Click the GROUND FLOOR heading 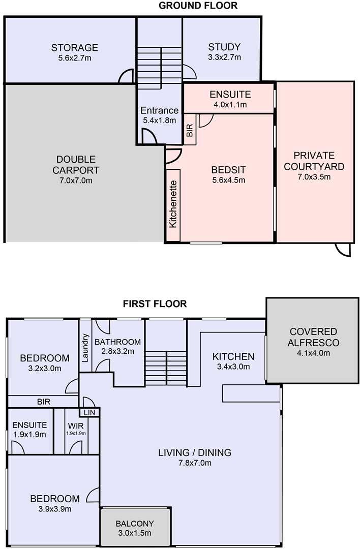(198, 6)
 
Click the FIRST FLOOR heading (155, 303)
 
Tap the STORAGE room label (75, 47)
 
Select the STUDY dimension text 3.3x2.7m (224, 57)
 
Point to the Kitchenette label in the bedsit (173, 204)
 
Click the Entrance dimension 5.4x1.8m (159, 120)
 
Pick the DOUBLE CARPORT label (76, 165)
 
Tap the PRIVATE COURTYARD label (314, 161)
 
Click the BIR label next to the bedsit (190, 130)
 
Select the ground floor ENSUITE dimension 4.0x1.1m (230, 104)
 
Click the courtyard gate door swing (343, 250)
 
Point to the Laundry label (85, 348)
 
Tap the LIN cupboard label (89, 413)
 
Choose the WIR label (76, 426)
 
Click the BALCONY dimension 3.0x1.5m (135, 533)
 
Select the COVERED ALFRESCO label (313, 337)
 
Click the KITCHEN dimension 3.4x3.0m (233, 367)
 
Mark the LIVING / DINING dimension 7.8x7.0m (195, 463)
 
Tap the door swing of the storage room (126, 76)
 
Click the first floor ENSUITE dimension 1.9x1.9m (30, 435)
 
